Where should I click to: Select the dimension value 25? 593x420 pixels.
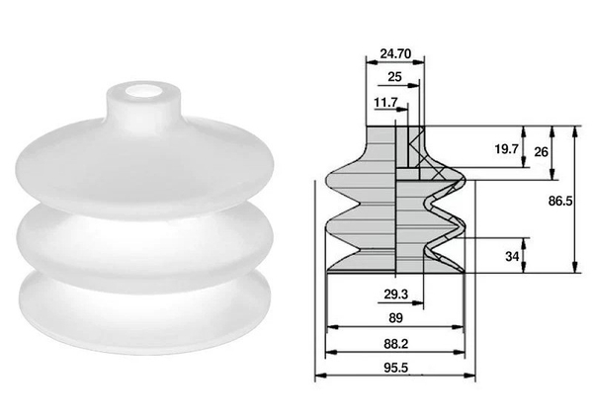point(394,76)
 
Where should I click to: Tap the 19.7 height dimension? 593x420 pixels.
point(505,149)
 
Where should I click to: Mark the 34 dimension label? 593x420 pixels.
point(512,257)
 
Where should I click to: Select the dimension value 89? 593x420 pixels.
point(393,318)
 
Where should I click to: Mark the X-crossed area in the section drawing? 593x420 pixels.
point(414,153)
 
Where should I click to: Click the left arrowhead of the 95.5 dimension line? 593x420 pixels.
point(318,377)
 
